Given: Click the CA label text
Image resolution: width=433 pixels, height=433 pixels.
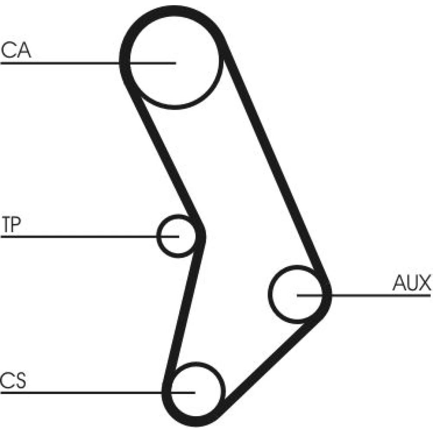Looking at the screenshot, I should tap(16, 51).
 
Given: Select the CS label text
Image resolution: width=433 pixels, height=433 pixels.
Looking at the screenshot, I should tap(13, 381).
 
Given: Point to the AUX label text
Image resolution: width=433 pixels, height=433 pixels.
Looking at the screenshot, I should tap(411, 284).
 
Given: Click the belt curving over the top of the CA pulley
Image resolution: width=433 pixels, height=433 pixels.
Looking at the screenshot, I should tap(173, 13).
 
